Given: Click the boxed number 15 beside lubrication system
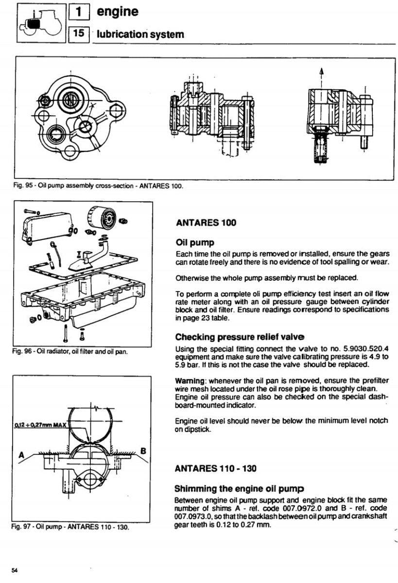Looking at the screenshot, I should click(79, 34).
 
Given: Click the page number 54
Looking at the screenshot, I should click(15, 569).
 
